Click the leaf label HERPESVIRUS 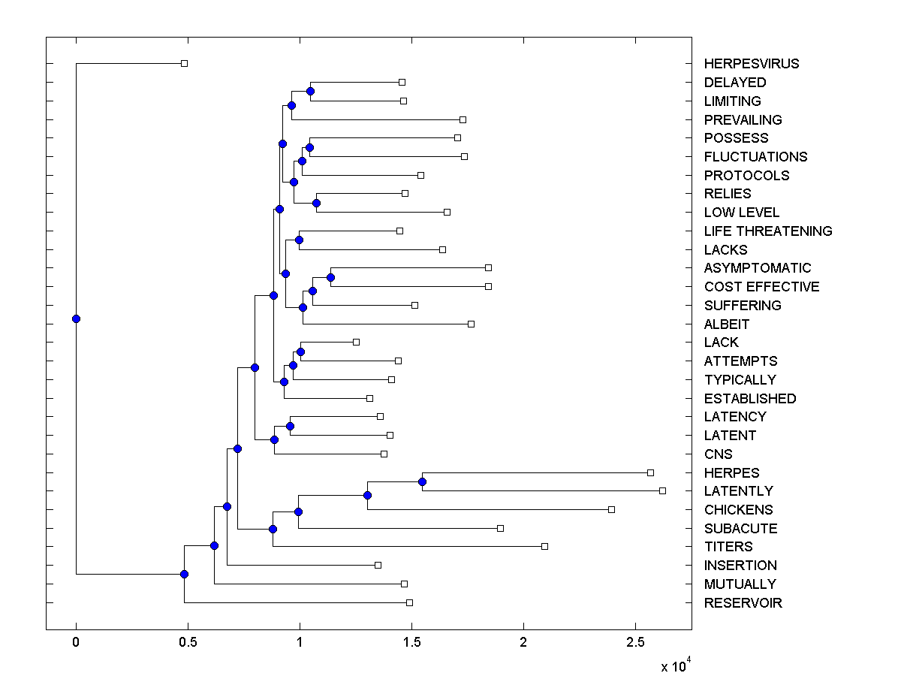tap(751, 64)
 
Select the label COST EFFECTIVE tap(761, 287)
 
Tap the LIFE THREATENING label tap(767, 231)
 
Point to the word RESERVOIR tap(743, 603)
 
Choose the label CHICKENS tap(738, 510)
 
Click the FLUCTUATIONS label tap(755, 157)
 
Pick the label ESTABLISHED tap(749, 399)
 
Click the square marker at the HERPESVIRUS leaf tap(184, 63)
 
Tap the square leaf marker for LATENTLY tap(662, 490)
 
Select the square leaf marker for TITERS tap(544, 546)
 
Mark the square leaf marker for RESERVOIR tap(409, 602)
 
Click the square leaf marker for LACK tap(356, 342)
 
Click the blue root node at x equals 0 tap(76, 318)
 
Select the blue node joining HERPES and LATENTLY tap(422, 481)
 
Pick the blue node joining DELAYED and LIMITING tap(310, 91)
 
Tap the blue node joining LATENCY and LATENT tap(290, 426)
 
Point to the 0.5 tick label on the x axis tap(188, 643)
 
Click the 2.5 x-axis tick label tap(635, 643)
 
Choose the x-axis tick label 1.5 tap(411, 643)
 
